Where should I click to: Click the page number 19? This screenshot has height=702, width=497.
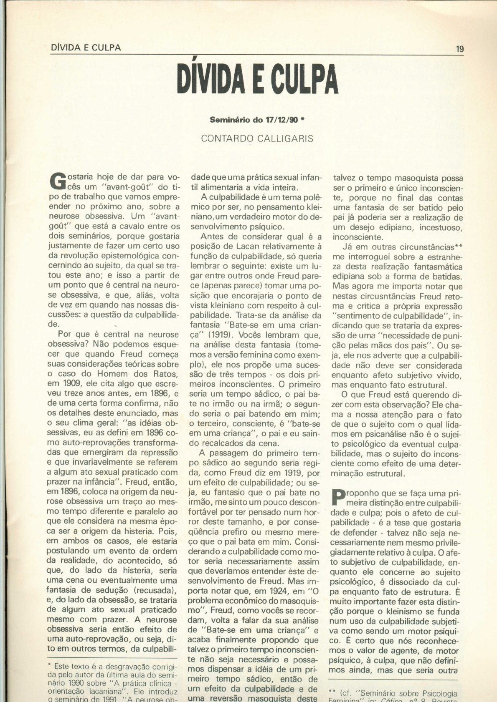(460, 48)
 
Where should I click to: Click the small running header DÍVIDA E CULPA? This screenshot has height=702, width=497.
(86, 48)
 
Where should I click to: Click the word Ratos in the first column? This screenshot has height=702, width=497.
(168, 374)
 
